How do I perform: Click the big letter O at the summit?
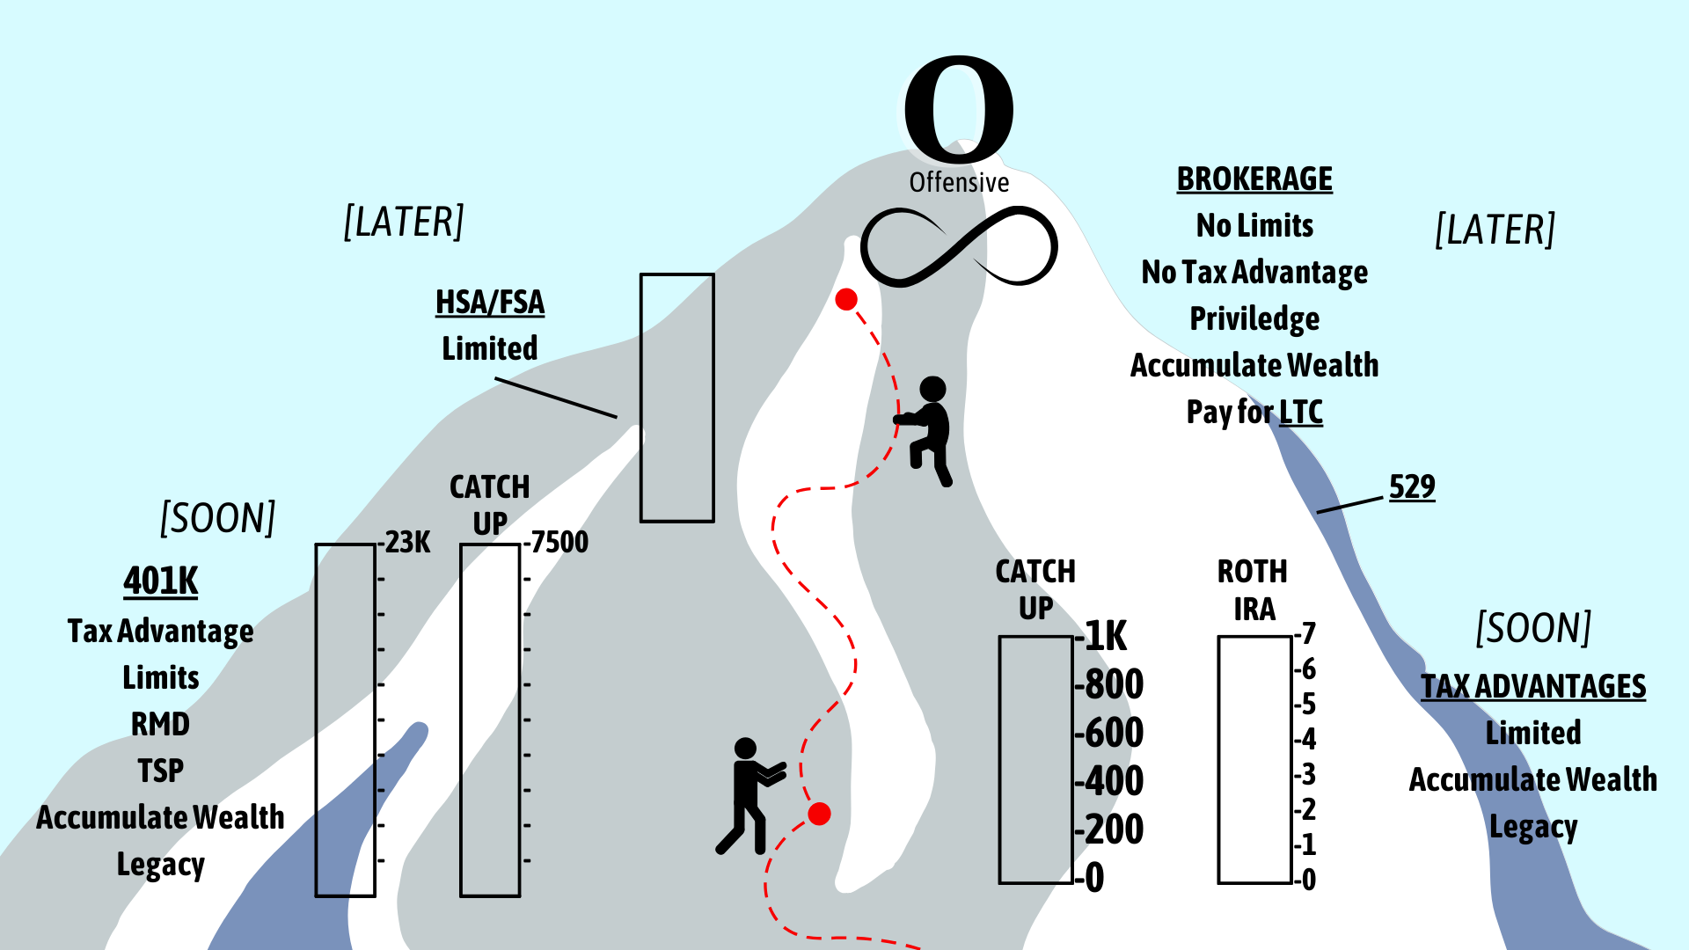pos(959,108)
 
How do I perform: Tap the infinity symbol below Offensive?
pos(959,247)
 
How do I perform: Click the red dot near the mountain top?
pos(846,300)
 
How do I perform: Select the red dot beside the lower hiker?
pos(819,814)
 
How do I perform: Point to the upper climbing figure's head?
pos(932,389)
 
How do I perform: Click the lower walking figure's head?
pos(745,749)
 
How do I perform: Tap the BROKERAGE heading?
pos(1254,179)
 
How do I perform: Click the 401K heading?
pos(161,581)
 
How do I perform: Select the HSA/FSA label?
pos(490,303)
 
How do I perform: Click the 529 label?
pos(1412,486)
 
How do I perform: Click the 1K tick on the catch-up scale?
pos(1106,636)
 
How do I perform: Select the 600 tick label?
pos(1114,733)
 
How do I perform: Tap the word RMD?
pos(160,724)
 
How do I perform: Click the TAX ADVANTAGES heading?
pos(1533,686)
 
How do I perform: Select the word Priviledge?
pos(1254,318)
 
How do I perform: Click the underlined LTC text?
pos(1301,412)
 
